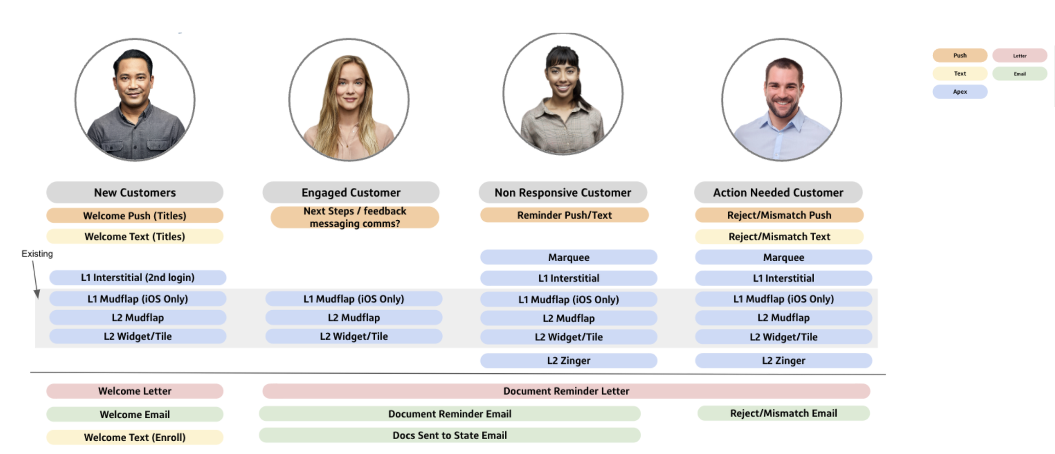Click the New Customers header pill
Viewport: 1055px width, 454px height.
(x=135, y=192)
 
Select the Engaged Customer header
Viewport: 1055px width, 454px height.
(x=351, y=192)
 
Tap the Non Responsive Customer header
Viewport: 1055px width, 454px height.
(x=563, y=192)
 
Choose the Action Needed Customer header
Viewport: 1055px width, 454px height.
(x=778, y=192)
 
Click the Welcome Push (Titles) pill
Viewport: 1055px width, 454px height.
(x=135, y=216)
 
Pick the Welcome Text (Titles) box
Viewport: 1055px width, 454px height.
(x=135, y=236)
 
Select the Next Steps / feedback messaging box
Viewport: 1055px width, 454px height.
(x=355, y=217)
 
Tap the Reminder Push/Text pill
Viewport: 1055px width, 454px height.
(x=564, y=215)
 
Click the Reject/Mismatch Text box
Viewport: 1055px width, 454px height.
(x=779, y=236)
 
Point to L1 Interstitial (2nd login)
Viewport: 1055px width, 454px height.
(x=138, y=278)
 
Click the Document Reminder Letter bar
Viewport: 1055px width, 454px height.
(x=566, y=391)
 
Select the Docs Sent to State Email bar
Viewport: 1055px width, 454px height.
(x=450, y=435)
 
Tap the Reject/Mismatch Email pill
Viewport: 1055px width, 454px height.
(x=784, y=413)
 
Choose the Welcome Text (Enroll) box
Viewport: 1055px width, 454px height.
(x=135, y=437)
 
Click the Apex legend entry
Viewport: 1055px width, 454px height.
(x=960, y=92)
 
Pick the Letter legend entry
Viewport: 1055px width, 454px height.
(x=1020, y=55)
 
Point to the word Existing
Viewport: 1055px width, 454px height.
(x=37, y=254)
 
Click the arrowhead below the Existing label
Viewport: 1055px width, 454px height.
(x=37, y=294)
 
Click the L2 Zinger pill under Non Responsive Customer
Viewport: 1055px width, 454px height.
(x=568, y=361)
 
